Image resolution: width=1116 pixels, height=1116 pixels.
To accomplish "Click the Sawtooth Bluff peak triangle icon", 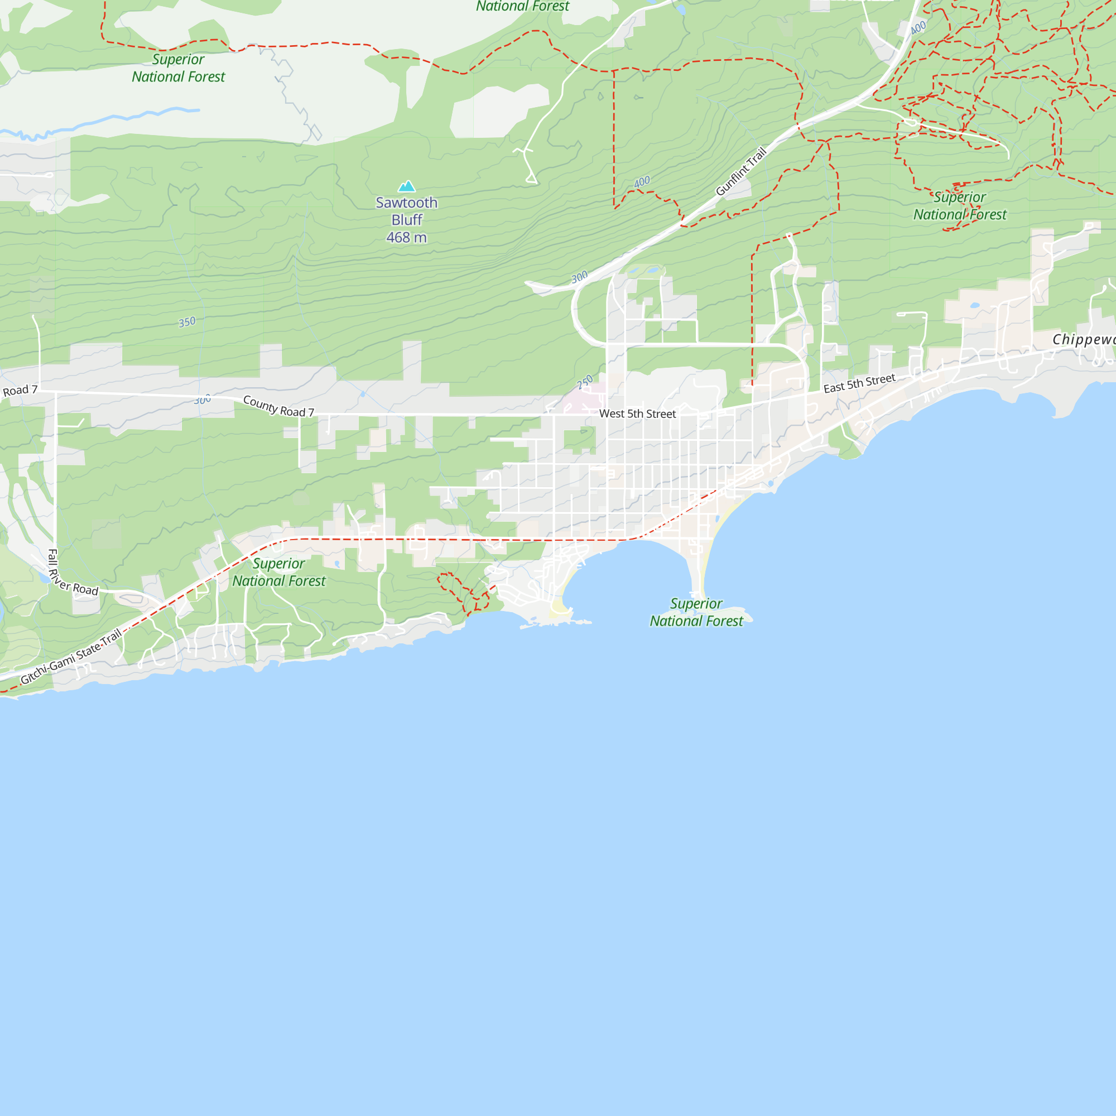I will tap(407, 186).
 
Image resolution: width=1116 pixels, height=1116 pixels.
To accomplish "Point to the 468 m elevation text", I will tap(407, 237).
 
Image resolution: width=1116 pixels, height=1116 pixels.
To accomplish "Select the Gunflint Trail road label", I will tap(741, 171).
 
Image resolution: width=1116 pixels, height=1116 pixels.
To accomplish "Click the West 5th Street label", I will tap(637, 413).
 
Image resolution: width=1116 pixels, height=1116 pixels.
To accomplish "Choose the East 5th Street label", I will tap(859, 383).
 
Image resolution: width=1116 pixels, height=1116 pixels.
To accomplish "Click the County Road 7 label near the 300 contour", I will tap(278, 406).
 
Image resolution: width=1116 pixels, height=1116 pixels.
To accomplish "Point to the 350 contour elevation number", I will tap(186, 322).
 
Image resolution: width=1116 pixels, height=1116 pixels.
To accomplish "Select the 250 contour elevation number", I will tap(585, 382).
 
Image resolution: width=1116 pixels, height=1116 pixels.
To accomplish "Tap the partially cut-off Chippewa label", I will tap(1083, 339).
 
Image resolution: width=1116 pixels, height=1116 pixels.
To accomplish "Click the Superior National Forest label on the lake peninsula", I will tap(696, 612).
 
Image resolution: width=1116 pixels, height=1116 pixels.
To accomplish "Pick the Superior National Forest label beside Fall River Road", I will tap(279, 572).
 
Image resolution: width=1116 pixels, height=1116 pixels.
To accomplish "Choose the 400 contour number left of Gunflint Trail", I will tap(642, 182).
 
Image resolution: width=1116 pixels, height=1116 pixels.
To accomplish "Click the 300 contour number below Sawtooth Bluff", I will tap(579, 277).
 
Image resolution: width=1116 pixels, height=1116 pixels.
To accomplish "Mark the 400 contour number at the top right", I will tap(918, 27).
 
